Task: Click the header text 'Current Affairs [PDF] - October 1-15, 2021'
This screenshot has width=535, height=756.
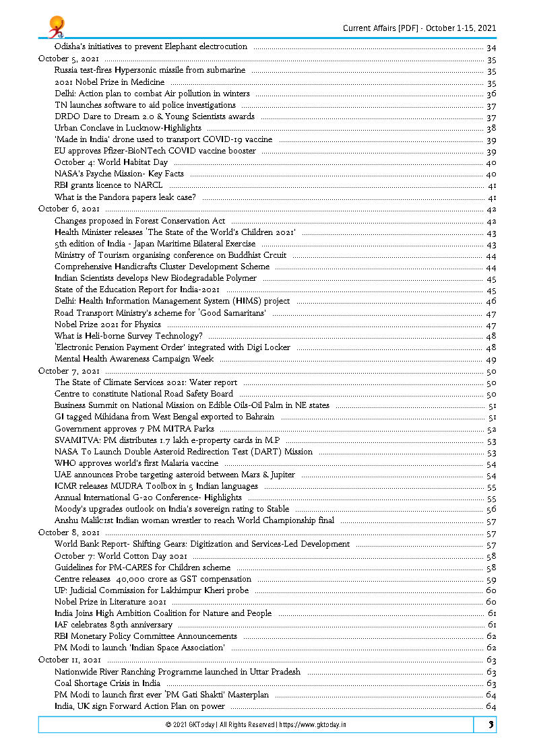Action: [x=419, y=28]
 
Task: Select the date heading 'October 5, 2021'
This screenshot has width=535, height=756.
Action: [x=69, y=59]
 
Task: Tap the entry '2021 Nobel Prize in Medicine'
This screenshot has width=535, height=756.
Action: [x=109, y=82]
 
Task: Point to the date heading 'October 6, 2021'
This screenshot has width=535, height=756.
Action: [x=69, y=209]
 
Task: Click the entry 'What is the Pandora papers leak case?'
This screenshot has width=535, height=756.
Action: [x=125, y=197]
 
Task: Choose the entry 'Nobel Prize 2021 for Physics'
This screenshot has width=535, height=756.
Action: [x=108, y=324]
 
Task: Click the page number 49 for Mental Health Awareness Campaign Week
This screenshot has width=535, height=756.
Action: [x=491, y=359]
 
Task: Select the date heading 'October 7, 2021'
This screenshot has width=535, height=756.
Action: [x=69, y=371]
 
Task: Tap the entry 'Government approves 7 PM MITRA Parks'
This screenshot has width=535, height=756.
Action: [x=134, y=429]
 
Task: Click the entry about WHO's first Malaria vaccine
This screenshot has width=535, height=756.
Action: [x=136, y=463]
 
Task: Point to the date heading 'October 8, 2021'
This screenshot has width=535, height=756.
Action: [x=69, y=532]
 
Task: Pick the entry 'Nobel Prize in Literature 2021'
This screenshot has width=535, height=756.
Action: [x=111, y=602]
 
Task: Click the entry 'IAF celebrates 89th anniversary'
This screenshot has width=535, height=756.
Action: [x=113, y=625]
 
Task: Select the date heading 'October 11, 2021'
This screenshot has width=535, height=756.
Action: [x=70, y=660]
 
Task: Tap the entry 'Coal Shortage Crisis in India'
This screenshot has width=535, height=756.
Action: [x=107, y=683]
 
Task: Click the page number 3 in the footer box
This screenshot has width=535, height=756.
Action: [x=491, y=725]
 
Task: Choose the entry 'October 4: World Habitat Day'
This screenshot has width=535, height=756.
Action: [x=111, y=163]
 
